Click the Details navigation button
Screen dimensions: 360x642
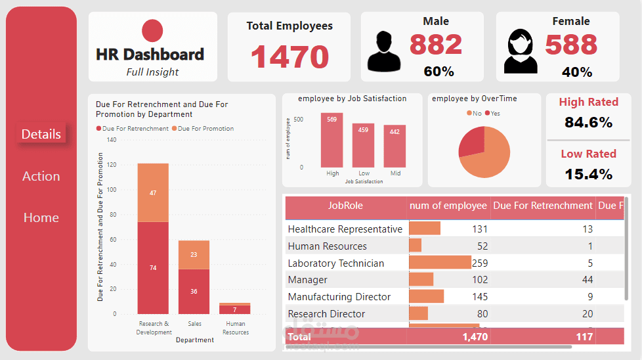41,134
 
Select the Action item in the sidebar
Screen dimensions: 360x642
41,176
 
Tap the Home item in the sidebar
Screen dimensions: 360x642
41,217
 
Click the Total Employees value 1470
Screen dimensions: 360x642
289,56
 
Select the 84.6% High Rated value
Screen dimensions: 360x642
588,122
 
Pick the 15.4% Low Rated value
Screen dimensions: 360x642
588,174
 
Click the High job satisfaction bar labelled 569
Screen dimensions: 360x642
332,140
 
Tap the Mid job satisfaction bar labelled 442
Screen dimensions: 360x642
395,146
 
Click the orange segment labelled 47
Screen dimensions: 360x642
153,192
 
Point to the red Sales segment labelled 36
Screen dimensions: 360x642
194,291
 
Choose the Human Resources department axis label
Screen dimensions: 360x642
235,327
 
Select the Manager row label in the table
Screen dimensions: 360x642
308,280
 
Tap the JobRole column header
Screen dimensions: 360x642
345,206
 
